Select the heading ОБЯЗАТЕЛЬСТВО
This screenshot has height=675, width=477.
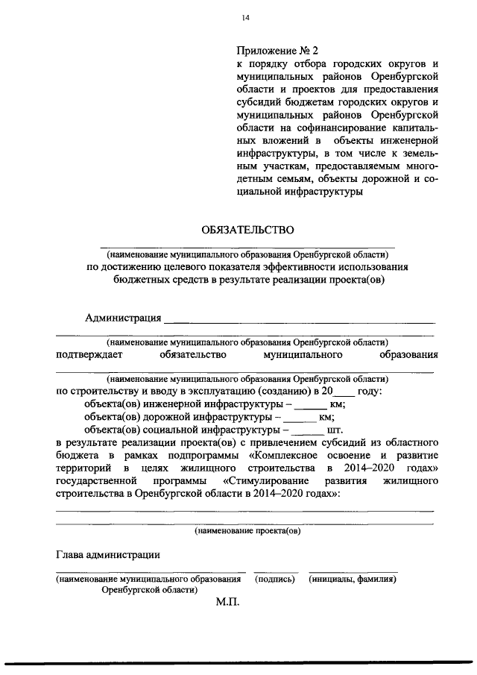(x=247, y=230)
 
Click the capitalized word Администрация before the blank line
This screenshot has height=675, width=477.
(x=124, y=318)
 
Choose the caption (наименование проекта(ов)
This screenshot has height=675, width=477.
(x=247, y=531)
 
